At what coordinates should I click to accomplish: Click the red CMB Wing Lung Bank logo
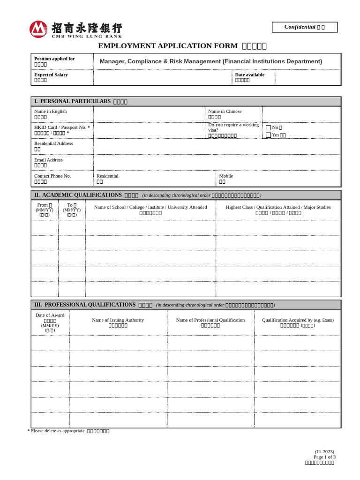click(38, 29)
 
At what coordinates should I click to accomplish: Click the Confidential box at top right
click(304, 27)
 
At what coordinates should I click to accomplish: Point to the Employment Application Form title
click(182, 46)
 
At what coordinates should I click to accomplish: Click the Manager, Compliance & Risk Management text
click(210, 61)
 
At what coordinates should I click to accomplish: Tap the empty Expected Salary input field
click(162, 77)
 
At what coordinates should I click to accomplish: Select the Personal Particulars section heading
click(81, 101)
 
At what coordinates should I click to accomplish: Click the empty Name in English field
click(149, 114)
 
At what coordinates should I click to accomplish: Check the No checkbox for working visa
click(269, 127)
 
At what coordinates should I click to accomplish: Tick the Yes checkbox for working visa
click(269, 135)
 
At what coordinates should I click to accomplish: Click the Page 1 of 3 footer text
click(324, 457)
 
